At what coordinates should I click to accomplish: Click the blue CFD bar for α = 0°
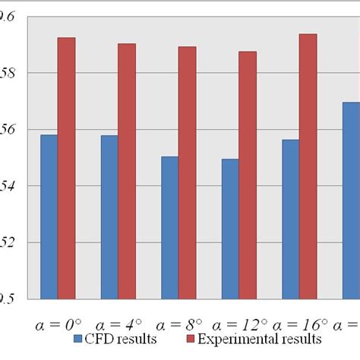(x=49, y=216)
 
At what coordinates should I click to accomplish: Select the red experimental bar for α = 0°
(x=67, y=168)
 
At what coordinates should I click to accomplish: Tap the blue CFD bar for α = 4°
(x=109, y=216)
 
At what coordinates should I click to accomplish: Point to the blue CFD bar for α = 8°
(x=169, y=227)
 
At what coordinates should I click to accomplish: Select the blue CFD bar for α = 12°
(x=230, y=229)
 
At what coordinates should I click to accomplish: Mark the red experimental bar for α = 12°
(x=248, y=175)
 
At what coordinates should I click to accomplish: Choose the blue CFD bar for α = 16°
(x=290, y=219)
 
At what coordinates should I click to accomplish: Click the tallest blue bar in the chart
(x=350, y=201)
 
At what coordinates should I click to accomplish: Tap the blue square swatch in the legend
(x=79, y=339)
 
